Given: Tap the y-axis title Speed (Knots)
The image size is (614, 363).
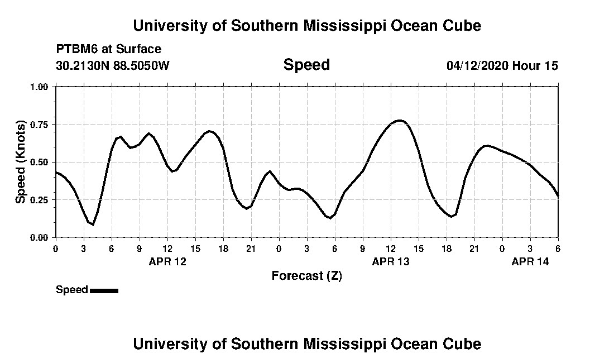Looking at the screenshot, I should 21,162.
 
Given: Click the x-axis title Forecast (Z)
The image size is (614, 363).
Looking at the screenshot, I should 306,275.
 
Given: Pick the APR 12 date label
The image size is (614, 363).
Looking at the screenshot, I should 167,261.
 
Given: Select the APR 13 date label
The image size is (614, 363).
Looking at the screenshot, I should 391,261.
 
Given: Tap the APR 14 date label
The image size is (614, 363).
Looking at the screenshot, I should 530,261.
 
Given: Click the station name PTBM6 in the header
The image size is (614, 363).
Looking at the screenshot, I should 78,49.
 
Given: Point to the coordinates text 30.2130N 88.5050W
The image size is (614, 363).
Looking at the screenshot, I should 113,65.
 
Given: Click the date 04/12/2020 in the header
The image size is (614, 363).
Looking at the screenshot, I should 477,65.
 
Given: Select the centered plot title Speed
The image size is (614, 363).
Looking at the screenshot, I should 306,65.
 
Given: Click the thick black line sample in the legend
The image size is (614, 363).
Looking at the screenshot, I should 104,290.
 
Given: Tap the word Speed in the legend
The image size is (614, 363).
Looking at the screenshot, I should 72,290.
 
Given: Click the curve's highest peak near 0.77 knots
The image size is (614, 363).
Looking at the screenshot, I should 399,120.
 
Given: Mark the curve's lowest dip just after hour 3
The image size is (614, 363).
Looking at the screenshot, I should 93,224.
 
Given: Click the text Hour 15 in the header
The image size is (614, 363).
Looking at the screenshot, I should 535,65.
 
